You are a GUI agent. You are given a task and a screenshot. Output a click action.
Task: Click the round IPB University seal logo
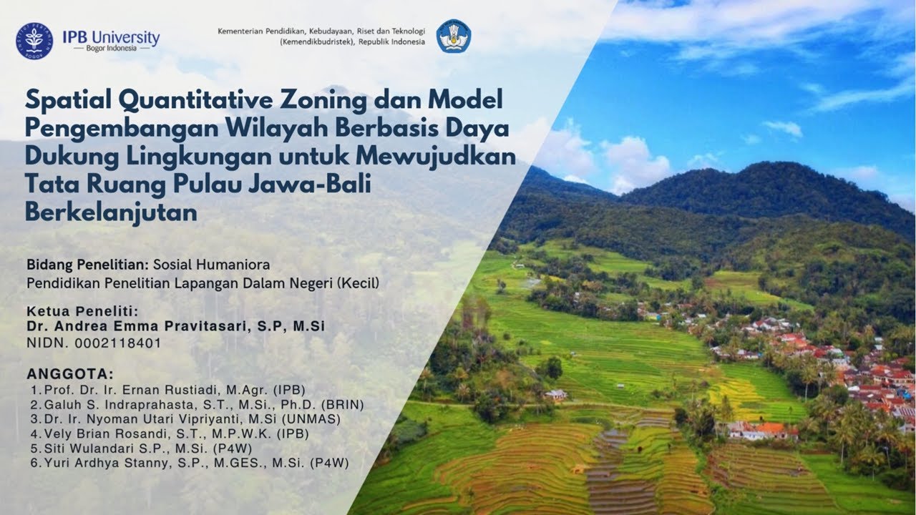34,41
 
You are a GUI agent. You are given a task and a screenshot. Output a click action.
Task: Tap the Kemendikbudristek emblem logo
453,36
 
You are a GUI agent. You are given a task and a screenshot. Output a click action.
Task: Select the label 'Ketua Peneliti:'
82,312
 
